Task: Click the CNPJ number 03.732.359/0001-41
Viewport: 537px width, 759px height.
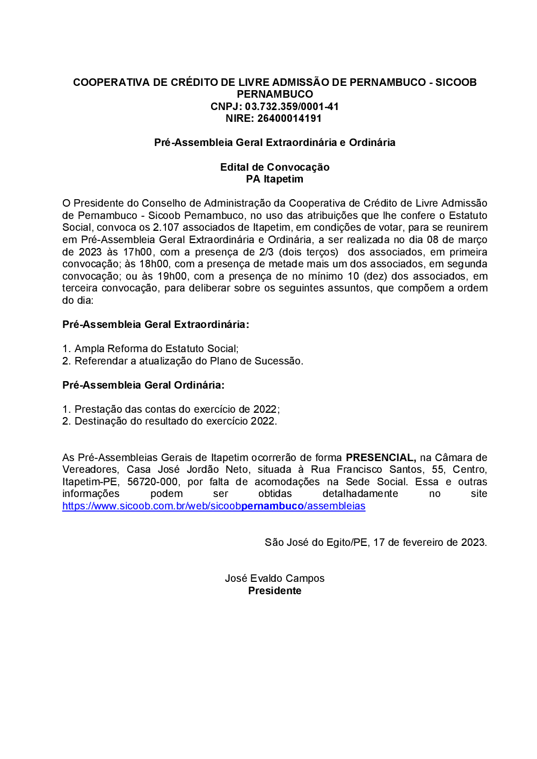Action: click(x=292, y=106)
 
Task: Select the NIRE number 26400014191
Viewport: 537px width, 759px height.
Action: click(x=289, y=119)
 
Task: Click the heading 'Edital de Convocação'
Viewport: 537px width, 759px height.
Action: click(x=274, y=167)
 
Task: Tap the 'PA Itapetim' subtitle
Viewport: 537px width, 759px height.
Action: click(x=274, y=179)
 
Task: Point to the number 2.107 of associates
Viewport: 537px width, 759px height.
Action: click(x=166, y=228)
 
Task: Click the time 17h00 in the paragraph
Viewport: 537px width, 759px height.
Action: click(x=137, y=252)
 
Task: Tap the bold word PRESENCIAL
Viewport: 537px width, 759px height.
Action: click(x=380, y=457)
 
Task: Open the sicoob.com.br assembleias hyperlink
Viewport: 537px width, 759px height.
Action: click(x=214, y=506)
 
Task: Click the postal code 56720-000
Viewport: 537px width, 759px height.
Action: click(x=154, y=481)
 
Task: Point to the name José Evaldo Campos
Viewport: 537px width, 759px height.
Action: click(x=274, y=579)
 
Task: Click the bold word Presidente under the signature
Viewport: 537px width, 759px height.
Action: click(x=274, y=591)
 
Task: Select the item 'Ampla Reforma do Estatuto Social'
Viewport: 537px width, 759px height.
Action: click(x=156, y=349)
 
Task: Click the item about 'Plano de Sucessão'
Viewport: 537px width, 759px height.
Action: click(x=188, y=361)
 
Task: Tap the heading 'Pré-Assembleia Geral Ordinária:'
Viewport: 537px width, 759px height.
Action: click(x=143, y=385)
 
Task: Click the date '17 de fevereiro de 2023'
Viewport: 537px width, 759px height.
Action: click(x=430, y=543)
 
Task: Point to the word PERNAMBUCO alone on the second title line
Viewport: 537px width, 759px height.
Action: click(x=274, y=94)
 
